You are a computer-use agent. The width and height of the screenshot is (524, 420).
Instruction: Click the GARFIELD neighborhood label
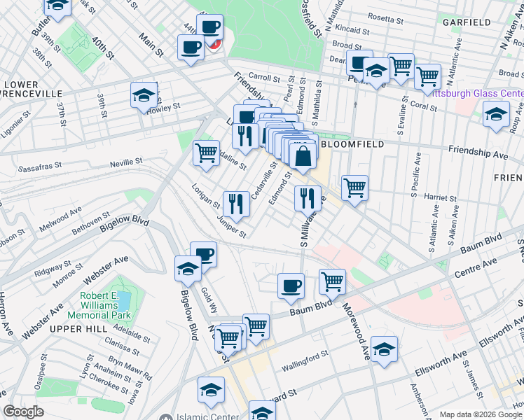466,22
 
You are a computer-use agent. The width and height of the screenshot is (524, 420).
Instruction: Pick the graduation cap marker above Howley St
144,95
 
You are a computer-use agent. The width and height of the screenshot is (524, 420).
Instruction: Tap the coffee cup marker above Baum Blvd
291,286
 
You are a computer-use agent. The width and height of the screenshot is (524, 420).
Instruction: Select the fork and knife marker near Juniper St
236,204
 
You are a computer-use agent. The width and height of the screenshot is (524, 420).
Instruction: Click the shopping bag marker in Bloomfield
303,157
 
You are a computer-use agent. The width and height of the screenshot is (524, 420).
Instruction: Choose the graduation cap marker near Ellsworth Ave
384,349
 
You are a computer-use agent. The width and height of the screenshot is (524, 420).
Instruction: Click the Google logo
23,412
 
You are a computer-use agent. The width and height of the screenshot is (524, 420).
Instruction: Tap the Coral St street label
424,108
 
